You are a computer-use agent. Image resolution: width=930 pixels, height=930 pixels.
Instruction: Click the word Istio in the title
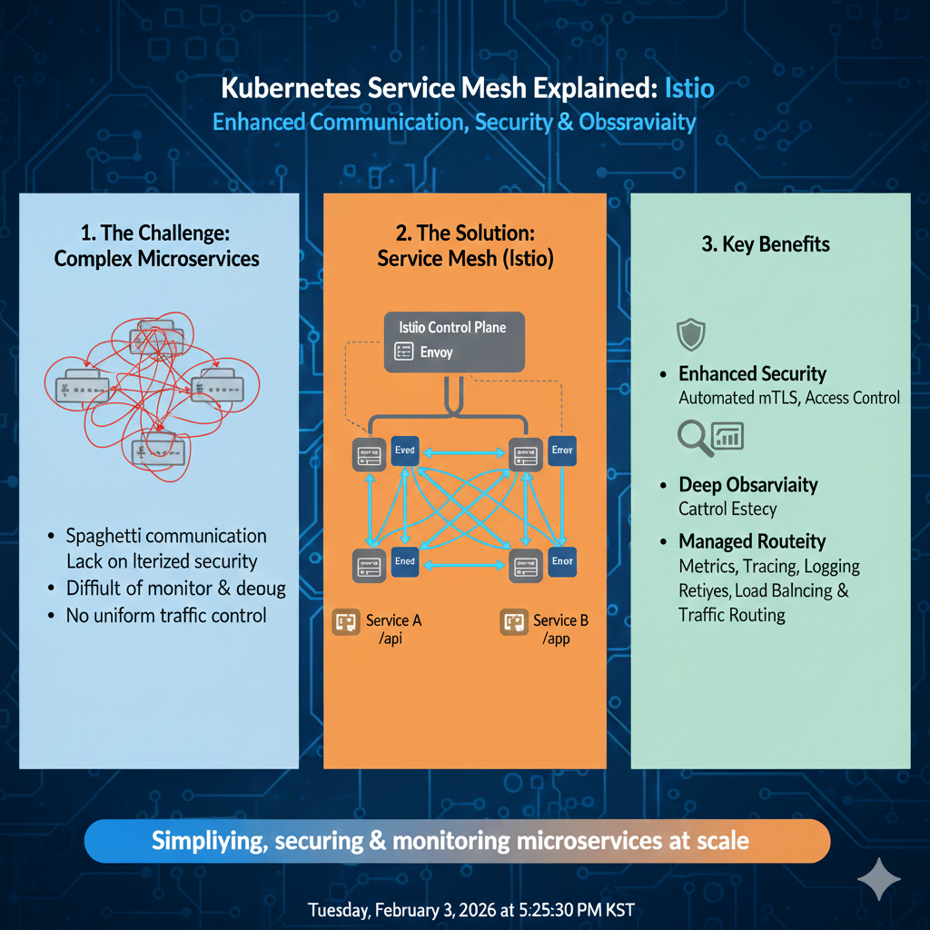pos(689,89)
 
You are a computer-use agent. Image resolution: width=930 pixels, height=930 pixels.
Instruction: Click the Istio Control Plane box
pos(454,341)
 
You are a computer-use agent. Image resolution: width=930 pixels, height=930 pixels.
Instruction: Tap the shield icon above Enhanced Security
pos(691,334)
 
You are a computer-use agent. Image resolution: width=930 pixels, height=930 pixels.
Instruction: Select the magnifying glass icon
pos(695,438)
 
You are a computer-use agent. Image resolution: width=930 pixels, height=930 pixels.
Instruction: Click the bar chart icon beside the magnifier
pos(728,436)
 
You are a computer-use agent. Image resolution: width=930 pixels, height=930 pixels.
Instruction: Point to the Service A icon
pos(348,622)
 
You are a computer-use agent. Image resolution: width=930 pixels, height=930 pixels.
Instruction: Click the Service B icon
pos(514,622)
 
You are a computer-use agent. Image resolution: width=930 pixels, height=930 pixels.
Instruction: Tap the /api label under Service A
pos(391,639)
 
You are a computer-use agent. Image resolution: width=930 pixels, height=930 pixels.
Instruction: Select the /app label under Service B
pos(556,639)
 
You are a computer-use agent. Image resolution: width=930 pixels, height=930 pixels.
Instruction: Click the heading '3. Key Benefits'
pos(765,244)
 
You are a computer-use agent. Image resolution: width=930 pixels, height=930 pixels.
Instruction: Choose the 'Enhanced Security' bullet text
pos(752,374)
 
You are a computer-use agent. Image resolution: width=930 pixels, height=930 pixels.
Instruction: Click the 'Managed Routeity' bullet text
pos(752,542)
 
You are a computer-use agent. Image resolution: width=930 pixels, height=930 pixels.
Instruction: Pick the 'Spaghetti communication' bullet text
pos(166,536)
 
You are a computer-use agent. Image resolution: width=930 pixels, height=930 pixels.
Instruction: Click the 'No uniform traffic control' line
pos(166,616)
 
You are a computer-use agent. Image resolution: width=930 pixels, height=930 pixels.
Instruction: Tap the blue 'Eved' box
pos(404,451)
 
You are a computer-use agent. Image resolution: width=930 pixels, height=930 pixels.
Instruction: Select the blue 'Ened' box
pos(404,562)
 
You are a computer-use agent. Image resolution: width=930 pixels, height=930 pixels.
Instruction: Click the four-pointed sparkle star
pos(879,878)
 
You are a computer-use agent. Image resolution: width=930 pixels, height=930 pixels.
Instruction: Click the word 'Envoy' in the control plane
pos(436,352)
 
